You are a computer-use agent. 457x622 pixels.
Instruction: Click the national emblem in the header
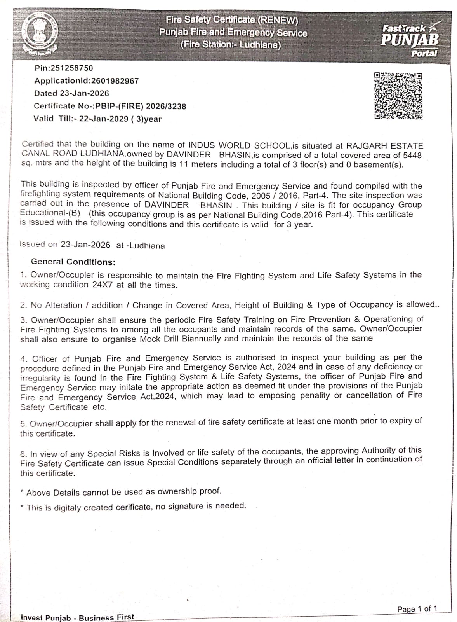coord(39,35)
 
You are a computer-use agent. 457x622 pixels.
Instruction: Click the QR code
coord(398,96)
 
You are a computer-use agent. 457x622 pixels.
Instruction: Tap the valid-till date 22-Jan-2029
coord(104,119)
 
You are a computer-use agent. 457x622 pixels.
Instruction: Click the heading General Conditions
coord(73,262)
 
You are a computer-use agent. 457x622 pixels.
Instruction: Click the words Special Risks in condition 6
coord(114,453)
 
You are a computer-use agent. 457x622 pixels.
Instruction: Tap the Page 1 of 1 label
coord(417,609)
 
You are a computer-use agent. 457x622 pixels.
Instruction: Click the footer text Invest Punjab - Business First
coord(77,617)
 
